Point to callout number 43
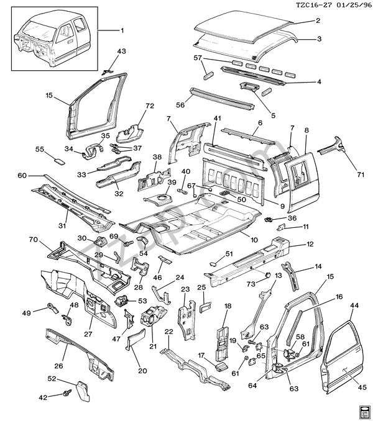tap(121, 51)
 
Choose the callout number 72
tap(149, 106)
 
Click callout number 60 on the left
tap(22, 176)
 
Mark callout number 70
tap(33, 238)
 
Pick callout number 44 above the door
tap(355, 306)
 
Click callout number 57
tap(198, 58)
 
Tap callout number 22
tap(168, 332)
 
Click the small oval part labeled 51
tap(213, 263)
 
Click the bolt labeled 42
tap(66, 393)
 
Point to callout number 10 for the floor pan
tap(254, 239)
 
